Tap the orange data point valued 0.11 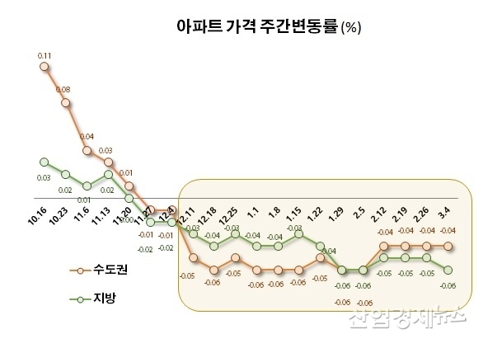pyautogui.click(x=45, y=68)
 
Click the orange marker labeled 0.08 pyautogui.click(x=66, y=101)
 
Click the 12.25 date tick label pyautogui.click(x=230, y=216)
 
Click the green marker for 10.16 pyautogui.click(x=45, y=162)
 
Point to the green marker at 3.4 pyautogui.click(x=448, y=270)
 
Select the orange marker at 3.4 pyautogui.click(x=448, y=246)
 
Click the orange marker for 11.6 pyautogui.click(x=87, y=151)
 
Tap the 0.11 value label pyautogui.click(x=45, y=55)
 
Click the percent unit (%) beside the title pyautogui.click(x=351, y=28)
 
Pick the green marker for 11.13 pyautogui.click(x=108, y=174)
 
